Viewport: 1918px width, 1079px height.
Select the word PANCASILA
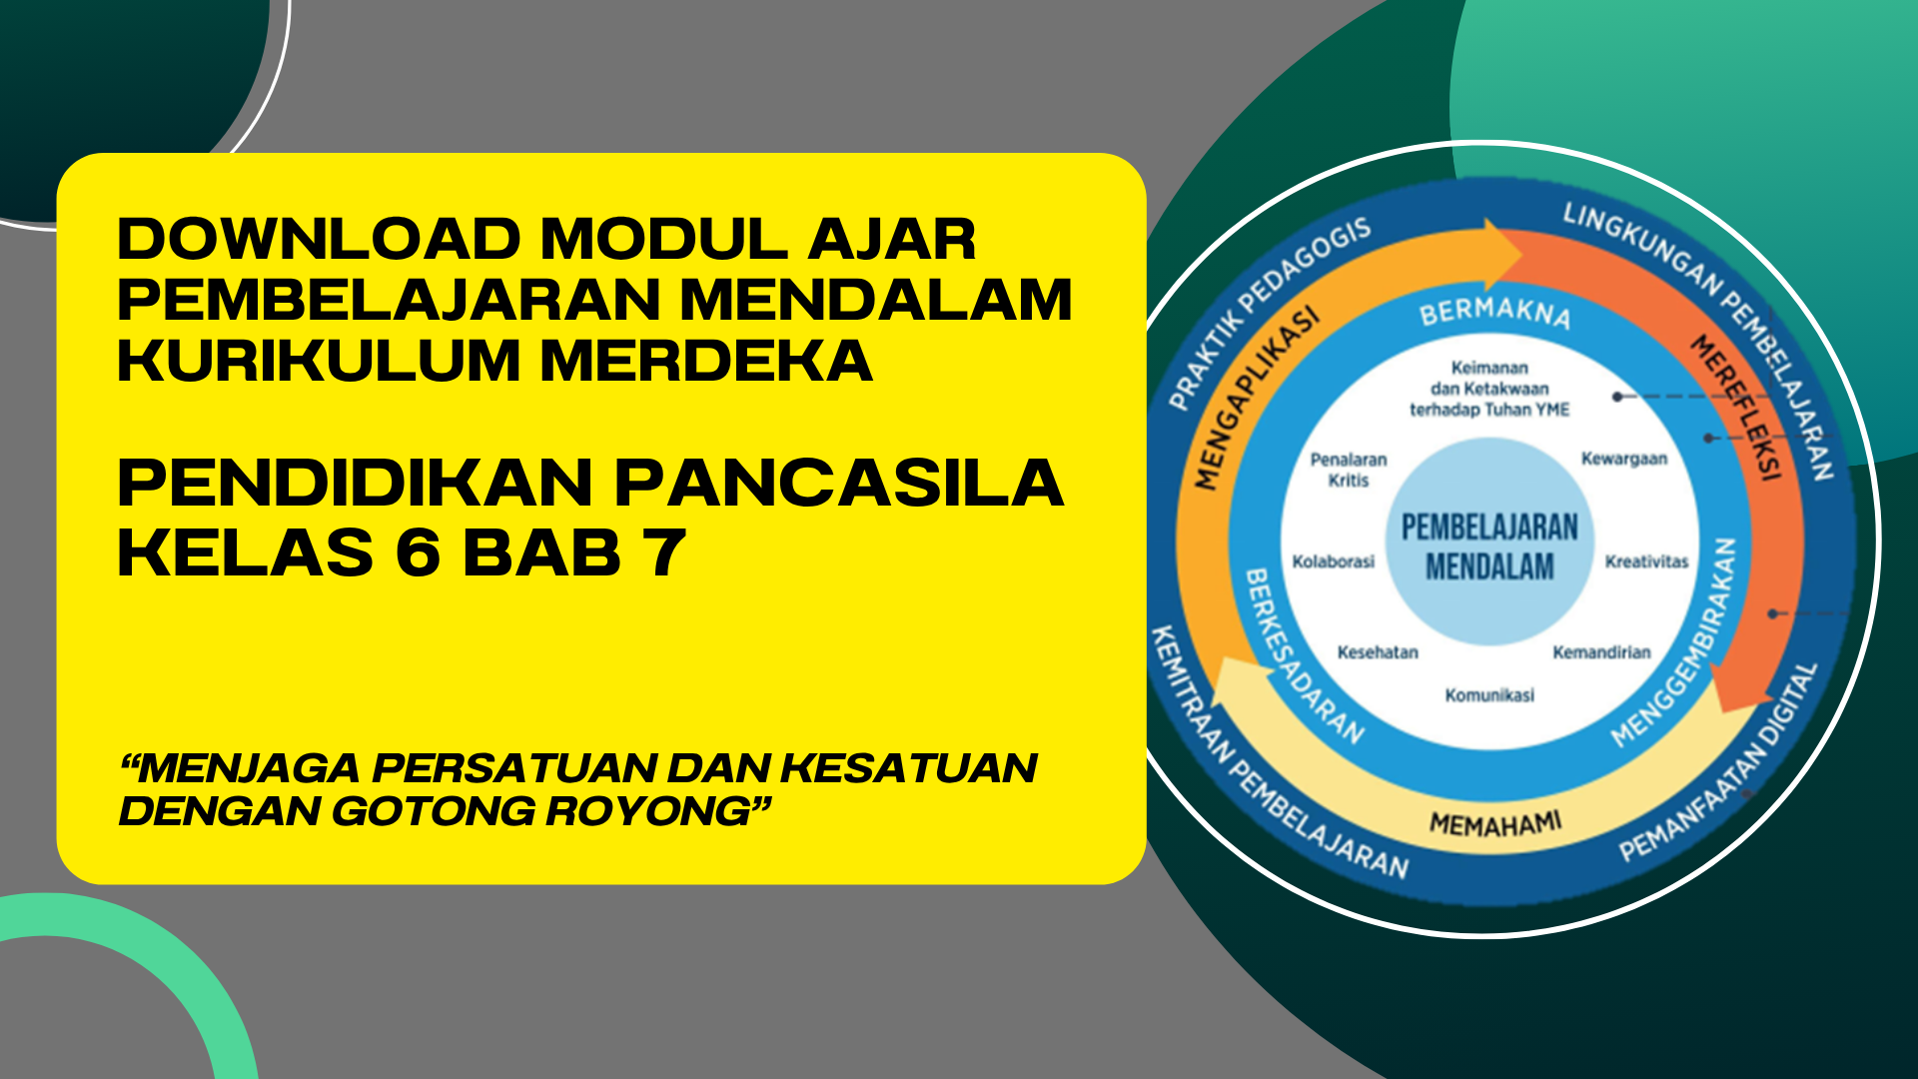(x=839, y=484)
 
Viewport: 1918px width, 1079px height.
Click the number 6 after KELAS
(x=418, y=552)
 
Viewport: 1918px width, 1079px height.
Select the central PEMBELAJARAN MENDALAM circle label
(x=1489, y=546)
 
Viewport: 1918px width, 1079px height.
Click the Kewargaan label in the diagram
(x=1624, y=459)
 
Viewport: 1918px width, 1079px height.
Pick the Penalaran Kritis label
(x=1349, y=470)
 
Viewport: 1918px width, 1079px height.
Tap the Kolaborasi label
(x=1334, y=561)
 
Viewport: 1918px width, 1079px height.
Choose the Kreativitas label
(x=1646, y=561)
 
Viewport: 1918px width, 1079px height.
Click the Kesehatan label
(x=1378, y=652)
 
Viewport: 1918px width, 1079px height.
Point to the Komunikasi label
(x=1489, y=695)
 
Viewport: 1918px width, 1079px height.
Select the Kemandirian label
(x=1601, y=652)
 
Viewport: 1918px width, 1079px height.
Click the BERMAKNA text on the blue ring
(x=1495, y=313)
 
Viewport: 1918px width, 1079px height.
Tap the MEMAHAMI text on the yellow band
(x=1495, y=824)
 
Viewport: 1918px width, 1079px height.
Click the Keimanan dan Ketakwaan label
(x=1489, y=389)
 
